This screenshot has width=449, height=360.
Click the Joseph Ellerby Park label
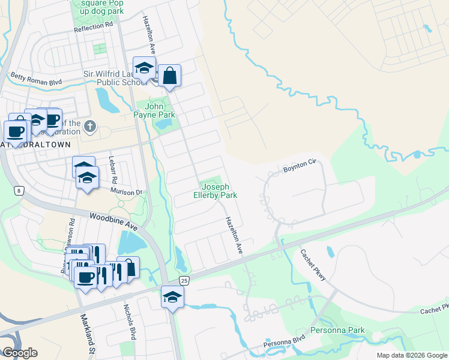[215, 191]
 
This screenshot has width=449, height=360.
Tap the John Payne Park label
[154, 110]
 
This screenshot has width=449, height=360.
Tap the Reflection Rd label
[93, 28]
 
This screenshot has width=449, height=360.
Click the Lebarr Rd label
[112, 170]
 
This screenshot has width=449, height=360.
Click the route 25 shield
[184, 281]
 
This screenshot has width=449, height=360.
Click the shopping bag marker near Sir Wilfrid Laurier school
[170, 76]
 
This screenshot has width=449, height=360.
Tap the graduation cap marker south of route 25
[172, 296]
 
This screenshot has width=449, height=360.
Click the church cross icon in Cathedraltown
[89, 126]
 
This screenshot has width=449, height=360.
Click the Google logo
[20, 353]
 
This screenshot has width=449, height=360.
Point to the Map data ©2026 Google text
[411, 355]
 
